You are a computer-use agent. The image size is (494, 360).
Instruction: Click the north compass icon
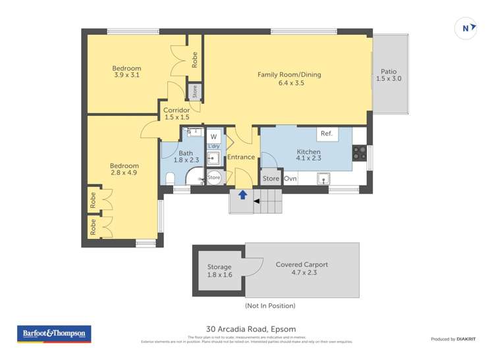coord(466,28)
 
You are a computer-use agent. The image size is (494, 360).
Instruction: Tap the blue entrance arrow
coord(243,195)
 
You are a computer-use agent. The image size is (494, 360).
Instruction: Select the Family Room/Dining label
coord(289,75)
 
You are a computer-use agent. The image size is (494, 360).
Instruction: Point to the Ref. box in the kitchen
coord(327,134)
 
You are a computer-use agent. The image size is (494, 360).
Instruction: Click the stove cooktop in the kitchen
coord(360,153)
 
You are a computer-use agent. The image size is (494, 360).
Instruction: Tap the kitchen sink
coord(324,178)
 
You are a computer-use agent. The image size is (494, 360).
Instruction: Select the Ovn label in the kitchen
coord(290,178)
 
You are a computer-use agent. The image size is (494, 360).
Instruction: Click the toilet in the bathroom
coord(171,178)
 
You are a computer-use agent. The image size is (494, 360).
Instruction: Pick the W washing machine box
coord(213,136)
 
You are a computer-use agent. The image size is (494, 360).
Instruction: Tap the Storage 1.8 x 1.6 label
coord(219,270)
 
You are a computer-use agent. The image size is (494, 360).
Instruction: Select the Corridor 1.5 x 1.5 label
coord(177,114)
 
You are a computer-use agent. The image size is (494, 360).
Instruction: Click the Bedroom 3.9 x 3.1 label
coord(126,72)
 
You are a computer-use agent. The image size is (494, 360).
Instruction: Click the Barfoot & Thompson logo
coord(54,334)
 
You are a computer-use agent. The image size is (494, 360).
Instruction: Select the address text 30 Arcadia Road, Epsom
coord(251,329)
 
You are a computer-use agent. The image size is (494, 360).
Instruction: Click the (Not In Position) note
coord(270,305)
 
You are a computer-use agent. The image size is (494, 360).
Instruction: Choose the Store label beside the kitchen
coord(271,178)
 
